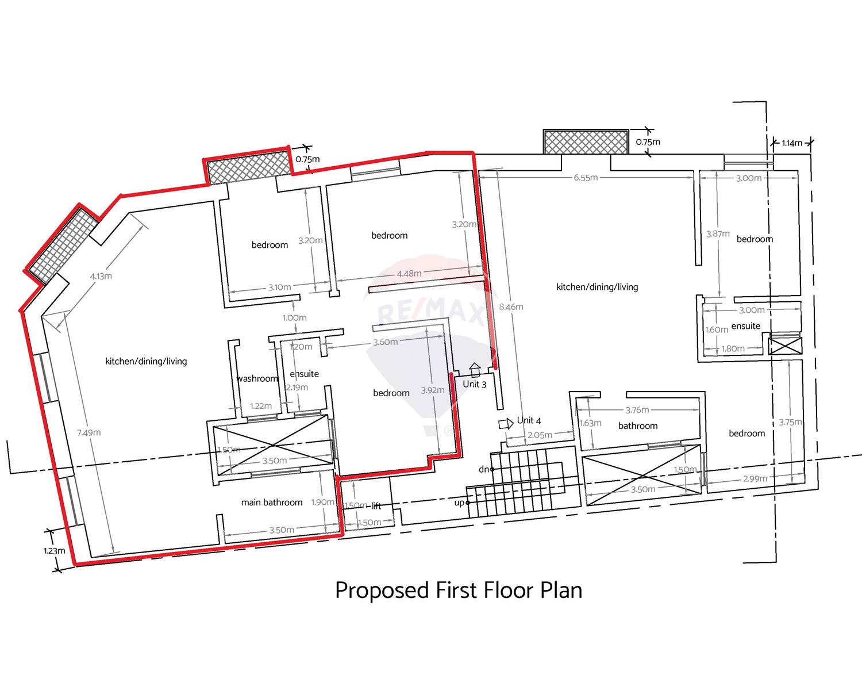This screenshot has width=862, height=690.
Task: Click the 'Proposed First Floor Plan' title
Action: [458, 591]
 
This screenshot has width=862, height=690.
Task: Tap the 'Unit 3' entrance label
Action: [475, 384]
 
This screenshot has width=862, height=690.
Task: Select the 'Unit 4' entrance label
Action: [529, 420]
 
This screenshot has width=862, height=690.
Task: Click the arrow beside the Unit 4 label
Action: [506, 424]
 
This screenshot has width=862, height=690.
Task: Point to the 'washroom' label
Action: [257, 378]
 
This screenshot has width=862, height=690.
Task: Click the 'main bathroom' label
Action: [271, 503]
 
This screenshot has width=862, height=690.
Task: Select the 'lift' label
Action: [376, 506]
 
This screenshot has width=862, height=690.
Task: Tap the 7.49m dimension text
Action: [89, 432]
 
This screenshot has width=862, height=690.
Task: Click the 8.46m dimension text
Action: [511, 307]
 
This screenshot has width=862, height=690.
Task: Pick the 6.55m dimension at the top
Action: [585, 178]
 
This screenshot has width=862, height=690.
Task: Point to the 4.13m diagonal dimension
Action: [101, 276]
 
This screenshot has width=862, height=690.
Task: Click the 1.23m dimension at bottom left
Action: [54, 551]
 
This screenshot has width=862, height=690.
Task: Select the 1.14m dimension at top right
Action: [792, 143]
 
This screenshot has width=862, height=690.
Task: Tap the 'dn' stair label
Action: [483, 469]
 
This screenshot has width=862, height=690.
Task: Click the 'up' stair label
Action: [459, 503]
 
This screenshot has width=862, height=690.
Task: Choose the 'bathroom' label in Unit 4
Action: [638, 425]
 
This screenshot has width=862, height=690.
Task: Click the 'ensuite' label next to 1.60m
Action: [745, 326]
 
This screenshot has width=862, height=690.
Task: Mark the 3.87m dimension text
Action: [718, 234]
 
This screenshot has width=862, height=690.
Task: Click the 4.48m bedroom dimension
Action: [409, 274]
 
